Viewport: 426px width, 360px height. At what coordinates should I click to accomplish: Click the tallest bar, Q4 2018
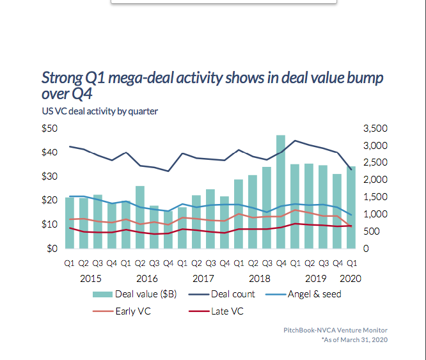pos(281,192)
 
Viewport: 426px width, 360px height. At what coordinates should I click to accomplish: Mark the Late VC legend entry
pos(226,312)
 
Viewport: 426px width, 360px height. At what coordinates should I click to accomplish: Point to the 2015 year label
pos(91,278)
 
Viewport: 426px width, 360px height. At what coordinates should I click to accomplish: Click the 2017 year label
pos(203,278)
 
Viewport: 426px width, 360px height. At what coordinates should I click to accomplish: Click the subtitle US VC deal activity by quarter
pos(99,111)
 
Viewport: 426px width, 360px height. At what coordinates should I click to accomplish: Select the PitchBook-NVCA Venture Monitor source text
pos(335,330)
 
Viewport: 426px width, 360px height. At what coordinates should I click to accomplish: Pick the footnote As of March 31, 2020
pos(354,340)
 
